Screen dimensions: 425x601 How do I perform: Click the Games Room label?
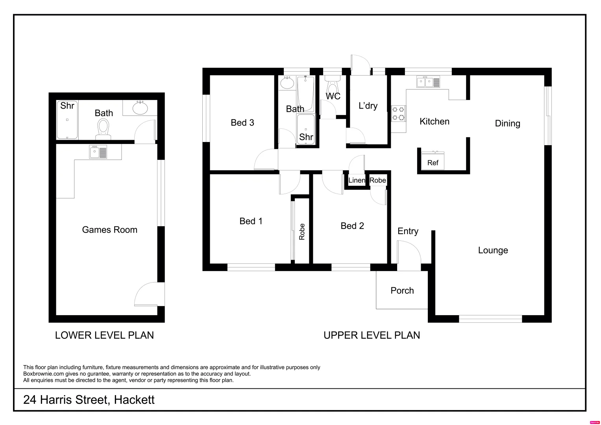coord(109,230)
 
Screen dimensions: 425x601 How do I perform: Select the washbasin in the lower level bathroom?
coord(139,107)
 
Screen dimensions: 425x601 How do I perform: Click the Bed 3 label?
coord(242,123)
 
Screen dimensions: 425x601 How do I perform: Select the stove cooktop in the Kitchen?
coord(398,113)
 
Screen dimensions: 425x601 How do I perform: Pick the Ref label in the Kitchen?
coord(433,163)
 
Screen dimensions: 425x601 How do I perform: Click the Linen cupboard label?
coord(357,180)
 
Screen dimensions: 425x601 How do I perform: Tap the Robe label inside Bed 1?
coord(302,232)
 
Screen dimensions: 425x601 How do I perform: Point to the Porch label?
coord(402,291)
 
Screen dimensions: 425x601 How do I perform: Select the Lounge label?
coord(493,250)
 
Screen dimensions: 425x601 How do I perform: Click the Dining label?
coord(507,124)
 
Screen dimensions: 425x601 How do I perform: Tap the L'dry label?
coord(368,106)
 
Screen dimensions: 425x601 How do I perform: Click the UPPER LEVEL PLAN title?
coord(372,335)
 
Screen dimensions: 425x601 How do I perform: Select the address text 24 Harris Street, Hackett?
coord(89,400)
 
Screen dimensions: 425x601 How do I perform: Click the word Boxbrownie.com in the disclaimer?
coord(41,374)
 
